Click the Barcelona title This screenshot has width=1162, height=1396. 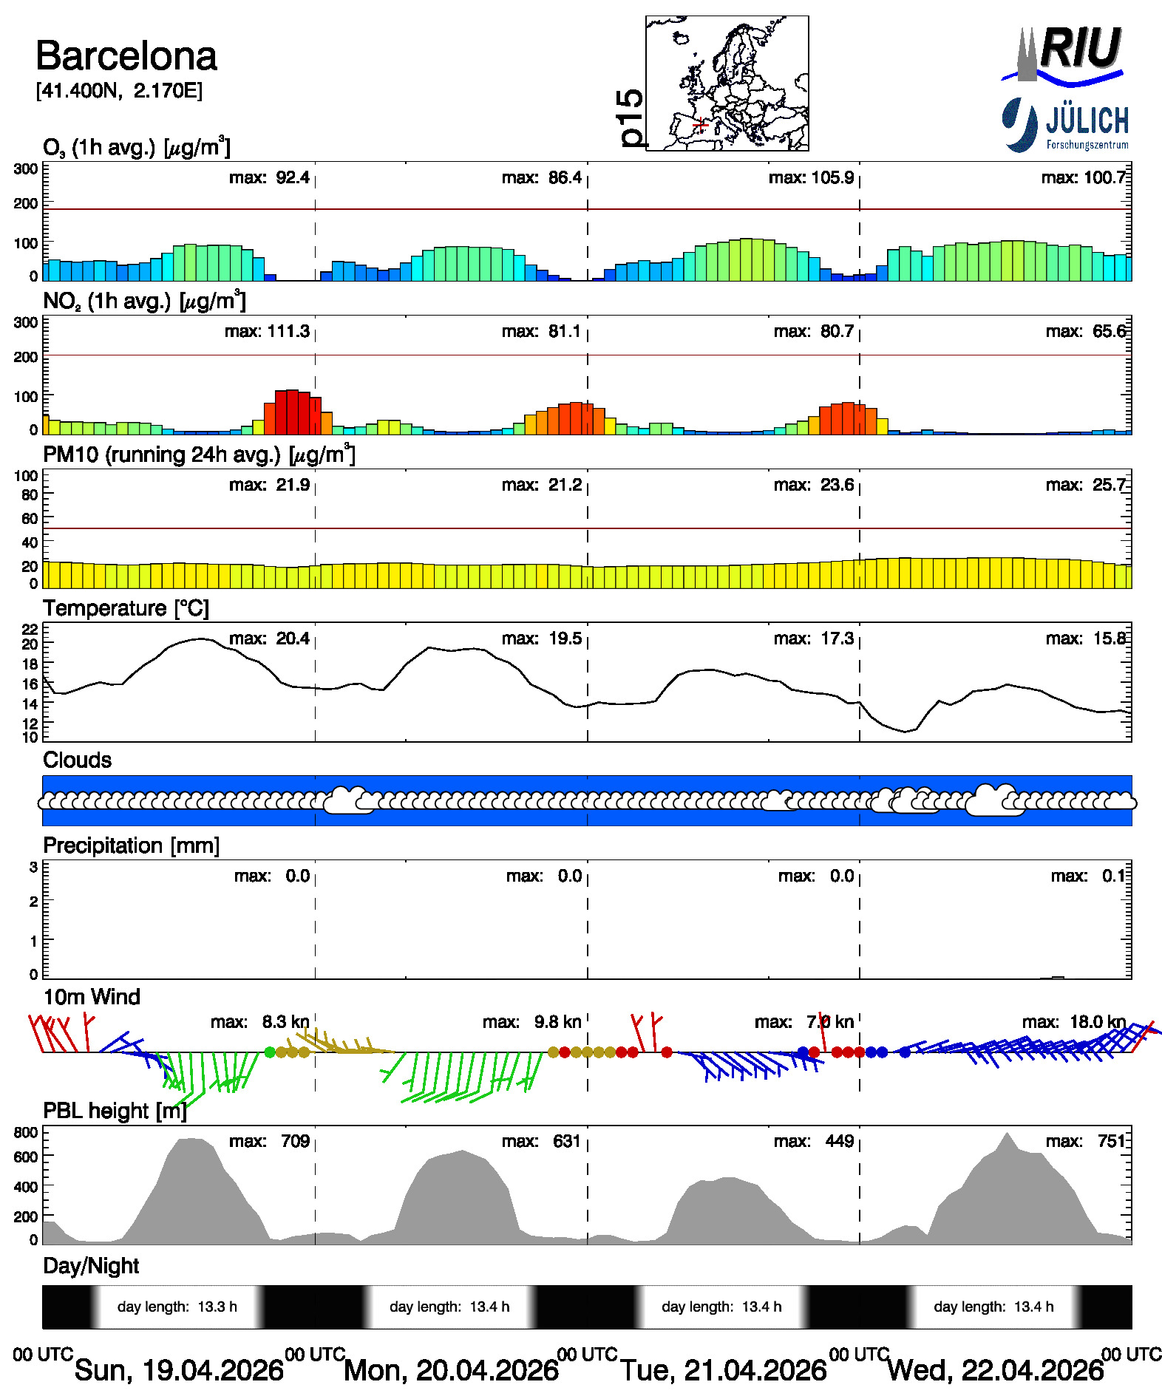click(x=126, y=56)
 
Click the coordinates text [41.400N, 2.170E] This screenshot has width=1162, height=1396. click(x=119, y=91)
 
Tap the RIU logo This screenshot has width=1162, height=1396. click(x=1063, y=54)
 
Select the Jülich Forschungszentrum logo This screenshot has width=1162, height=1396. click(x=1065, y=124)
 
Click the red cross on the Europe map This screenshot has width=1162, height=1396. click(x=701, y=125)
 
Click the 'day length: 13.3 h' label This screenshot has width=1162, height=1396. click(x=177, y=1307)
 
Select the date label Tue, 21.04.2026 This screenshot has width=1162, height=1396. click(x=723, y=1370)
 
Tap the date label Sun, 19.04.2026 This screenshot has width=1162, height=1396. click(x=179, y=1370)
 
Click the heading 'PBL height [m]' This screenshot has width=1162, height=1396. click(x=115, y=1111)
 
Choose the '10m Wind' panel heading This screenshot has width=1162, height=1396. click(x=92, y=997)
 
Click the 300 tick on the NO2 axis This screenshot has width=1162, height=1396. click(x=26, y=322)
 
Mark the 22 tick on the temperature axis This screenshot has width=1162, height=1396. click(x=30, y=630)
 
